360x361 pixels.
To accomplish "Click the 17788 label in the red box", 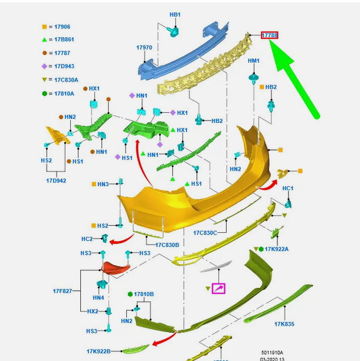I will (x=270, y=35).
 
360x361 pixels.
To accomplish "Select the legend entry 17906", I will (x=59, y=27).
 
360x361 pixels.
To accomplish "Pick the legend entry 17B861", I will (x=61, y=40).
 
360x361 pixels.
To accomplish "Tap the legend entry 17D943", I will (x=61, y=66).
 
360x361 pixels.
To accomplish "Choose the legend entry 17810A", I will (x=61, y=93).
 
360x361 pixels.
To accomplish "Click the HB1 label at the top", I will (x=175, y=14).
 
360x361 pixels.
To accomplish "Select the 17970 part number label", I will (x=144, y=48).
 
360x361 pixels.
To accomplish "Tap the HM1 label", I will (x=254, y=61).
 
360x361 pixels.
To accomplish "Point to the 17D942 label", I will (x=56, y=180).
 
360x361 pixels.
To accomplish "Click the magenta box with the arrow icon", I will (x=218, y=288).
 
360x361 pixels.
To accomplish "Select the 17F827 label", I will (x=63, y=291).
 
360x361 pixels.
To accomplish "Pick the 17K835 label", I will (x=284, y=324).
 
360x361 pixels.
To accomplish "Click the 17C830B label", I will (x=167, y=245).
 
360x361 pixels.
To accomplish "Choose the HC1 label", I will (x=288, y=188).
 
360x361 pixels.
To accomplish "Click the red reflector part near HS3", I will (x=116, y=268).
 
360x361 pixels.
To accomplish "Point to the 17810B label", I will (x=143, y=294).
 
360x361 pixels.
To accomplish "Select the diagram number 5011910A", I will (x=273, y=353).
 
